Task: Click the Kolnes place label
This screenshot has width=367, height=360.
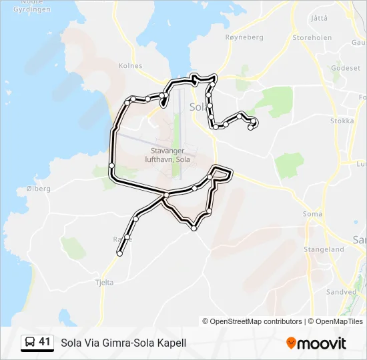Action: click(130, 66)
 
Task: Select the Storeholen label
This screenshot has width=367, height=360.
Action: click(312, 38)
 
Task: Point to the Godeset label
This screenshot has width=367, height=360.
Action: click(346, 68)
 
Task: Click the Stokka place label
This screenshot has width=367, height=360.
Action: click(342, 121)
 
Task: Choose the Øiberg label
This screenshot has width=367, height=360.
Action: click(38, 189)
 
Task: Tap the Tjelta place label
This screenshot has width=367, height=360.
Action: click(105, 282)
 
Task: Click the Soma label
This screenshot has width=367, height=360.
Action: click(312, 214)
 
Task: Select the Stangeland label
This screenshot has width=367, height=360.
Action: click(324, 249)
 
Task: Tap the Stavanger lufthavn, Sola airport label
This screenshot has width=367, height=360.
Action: click(167, 155)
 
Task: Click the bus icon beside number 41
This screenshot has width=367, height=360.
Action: click(30, 342)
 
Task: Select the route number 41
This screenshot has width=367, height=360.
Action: click(45, 342)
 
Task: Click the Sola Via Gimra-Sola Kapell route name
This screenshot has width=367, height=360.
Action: click(123, 343)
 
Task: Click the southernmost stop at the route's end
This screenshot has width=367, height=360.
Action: click(120, 253)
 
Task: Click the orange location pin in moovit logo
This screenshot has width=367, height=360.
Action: click(291, 343)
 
